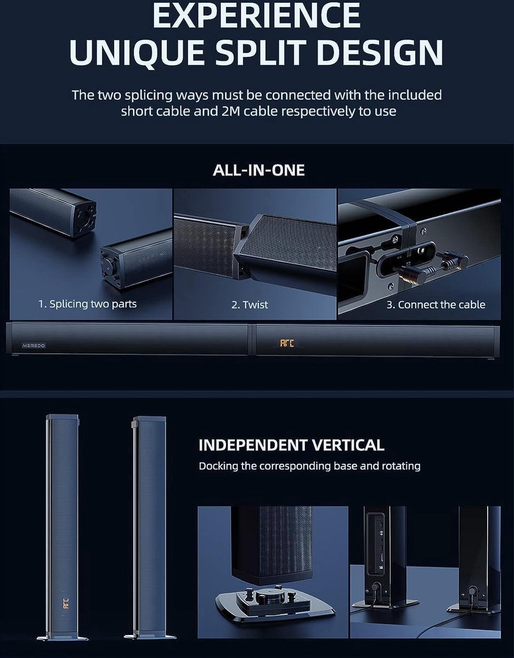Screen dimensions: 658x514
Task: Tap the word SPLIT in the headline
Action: point(275,53)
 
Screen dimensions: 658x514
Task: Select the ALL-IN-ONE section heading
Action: point(258,170)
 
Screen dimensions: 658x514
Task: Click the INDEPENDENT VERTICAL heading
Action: point(291,445)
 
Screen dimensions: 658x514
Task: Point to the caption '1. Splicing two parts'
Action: point(87,304)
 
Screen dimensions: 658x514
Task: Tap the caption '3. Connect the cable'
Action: point(436,304)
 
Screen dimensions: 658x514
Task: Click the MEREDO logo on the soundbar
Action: point(34,346)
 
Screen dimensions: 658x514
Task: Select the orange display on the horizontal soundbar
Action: point(287,343)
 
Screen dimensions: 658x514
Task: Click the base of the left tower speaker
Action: point(62,637)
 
